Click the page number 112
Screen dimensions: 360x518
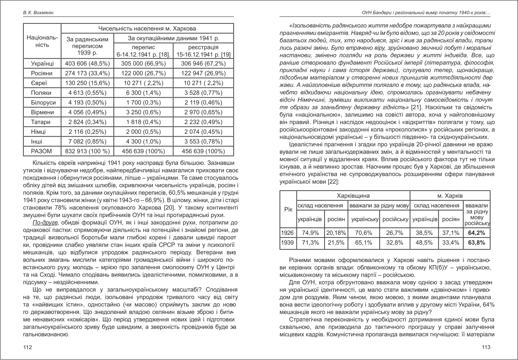click(x=27, y=347)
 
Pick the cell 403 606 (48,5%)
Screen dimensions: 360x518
click(x=87, y=63)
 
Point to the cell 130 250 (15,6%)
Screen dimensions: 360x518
click(x=87, y=83)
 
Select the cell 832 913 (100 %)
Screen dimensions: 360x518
click(x=87, y=151)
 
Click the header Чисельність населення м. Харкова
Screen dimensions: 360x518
click(x=147, y=29)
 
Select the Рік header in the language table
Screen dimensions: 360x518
click(x=288, y=210)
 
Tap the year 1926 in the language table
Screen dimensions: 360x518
click(x=288, y=232)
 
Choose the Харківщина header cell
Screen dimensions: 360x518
click(x=353, y=195)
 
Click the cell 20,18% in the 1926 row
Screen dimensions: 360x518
click(x=336, y=232)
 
